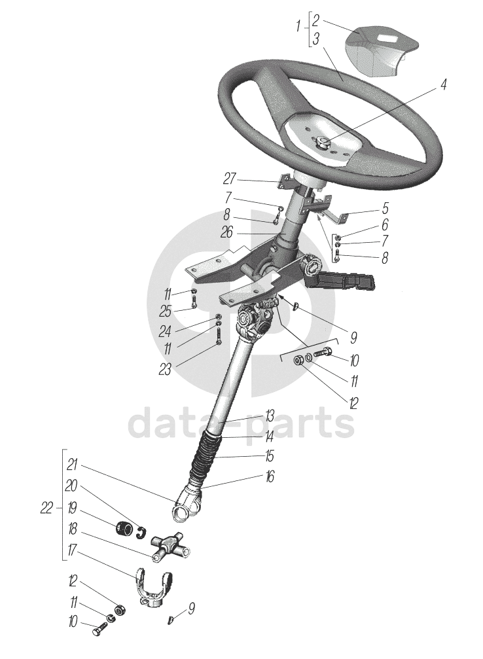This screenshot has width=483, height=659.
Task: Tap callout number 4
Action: tap(443, 86)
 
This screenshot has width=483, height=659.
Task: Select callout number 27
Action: tap(229, 179)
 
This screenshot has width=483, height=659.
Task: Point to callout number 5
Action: tap(385, 208)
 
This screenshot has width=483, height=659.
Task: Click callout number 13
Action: tap(269, 416)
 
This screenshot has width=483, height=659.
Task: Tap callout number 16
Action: tap(269, 476)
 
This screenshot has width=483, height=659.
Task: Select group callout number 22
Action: tap(45, 508)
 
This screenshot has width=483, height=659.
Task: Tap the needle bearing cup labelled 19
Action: tap(122, 527)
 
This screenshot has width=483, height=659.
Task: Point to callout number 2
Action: tap(315, 19)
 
